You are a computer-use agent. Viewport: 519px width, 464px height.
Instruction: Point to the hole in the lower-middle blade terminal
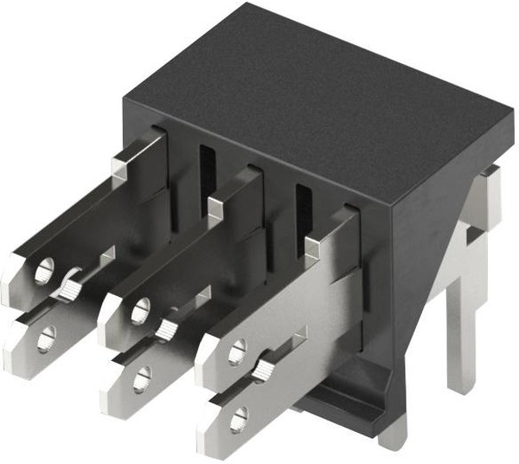[142, 377]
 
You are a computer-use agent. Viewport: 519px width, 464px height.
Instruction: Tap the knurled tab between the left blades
[69, 283]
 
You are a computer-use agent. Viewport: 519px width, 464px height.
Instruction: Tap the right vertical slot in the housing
[303, 208]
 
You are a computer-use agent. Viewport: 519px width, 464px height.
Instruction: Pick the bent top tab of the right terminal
[317, 246]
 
